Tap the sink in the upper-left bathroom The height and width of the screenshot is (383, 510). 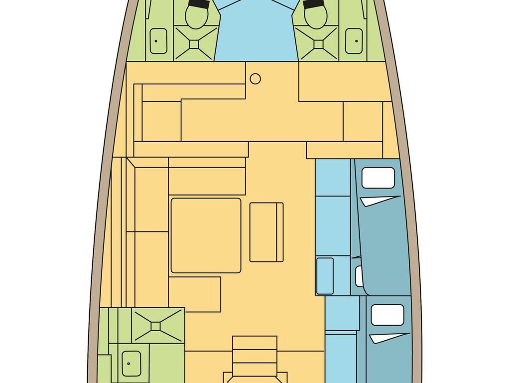coord(158,41)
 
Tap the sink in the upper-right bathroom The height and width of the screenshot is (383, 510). coord(354,41)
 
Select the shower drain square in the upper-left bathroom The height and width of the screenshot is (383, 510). coord(194,44)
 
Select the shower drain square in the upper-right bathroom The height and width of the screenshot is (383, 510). coord(319,44)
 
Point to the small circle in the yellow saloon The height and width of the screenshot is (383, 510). coord(255,79)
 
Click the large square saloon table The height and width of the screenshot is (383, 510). coord(206,235)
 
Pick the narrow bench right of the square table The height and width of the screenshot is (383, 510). coord(266,232)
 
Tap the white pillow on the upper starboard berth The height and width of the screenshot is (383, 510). coord(378,178)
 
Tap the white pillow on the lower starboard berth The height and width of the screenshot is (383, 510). coord(387,315)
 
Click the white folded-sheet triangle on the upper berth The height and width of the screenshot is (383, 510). coord(379,200)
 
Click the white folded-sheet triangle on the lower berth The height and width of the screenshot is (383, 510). coord(388,338)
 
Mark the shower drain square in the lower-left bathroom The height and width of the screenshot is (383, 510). coord(156,326)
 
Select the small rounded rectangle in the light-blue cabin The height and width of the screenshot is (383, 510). coord(325,275)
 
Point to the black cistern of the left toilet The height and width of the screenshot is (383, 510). coord(199,4)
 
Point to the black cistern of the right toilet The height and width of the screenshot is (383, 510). coord(312,4)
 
